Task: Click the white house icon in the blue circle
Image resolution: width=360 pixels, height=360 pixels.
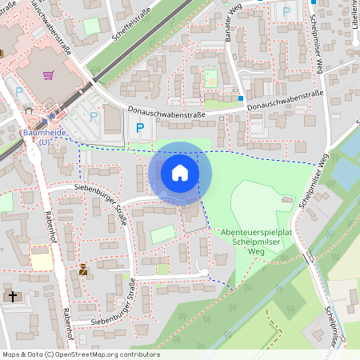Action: (x=180, y=173)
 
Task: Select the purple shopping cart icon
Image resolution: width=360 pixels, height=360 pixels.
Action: (x=48, y=75)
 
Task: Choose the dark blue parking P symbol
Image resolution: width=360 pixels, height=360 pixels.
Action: (x=141, y=127)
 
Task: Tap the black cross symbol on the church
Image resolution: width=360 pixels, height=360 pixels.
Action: (x=11, y=296)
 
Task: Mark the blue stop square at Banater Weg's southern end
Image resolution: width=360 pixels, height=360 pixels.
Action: (x=240, y=98)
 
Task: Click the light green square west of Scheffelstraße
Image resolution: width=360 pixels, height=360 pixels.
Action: (x=92, y=26)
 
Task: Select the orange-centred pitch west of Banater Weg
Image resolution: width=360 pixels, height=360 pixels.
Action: (x=210, y=78)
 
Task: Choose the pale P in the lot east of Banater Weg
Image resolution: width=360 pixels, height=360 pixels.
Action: (x=286, y=12)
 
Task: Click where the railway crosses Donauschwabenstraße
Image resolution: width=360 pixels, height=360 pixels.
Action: (x=94, y=82)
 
